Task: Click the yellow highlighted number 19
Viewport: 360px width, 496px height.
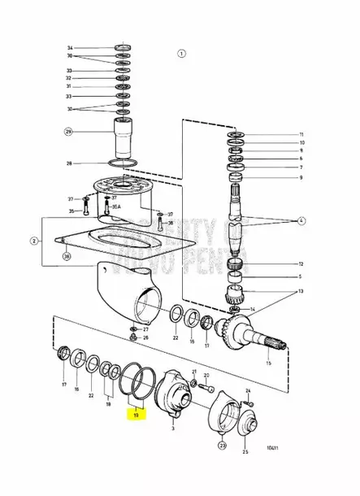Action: click(x=137, y=414)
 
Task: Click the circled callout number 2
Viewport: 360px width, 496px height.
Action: click(x=34, y=241)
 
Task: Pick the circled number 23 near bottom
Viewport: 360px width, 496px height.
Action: click(x=222, y=445)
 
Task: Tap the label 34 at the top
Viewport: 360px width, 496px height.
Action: click(x=70, y=47)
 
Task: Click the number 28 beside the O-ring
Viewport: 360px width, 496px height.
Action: click(x=70, y=163)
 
